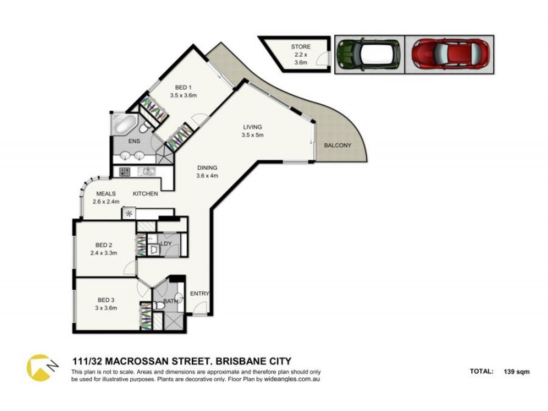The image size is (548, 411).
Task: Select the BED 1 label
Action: pyautogui.click(x=183, y=87)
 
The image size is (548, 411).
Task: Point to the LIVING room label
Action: pyautogui.click(x=252, y=127)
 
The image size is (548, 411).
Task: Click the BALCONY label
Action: pyautogui.click(x=337, y=145)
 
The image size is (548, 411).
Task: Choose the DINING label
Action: pyautogui.click(x=207, y=167)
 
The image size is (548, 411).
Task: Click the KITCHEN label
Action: pyautogui.click(x=146, y=194)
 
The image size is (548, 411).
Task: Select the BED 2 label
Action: pyautogui.click(x=104, y=245)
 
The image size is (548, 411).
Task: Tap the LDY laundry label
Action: pyautogui.click(x=166, y=243)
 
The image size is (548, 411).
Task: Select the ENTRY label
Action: pyautogui.click(x=199, y=294)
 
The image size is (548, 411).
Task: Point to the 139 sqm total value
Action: pyautogui.click(x=517, y=372)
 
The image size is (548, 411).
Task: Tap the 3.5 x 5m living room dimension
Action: pyautogui.click(x=252, y=135)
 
